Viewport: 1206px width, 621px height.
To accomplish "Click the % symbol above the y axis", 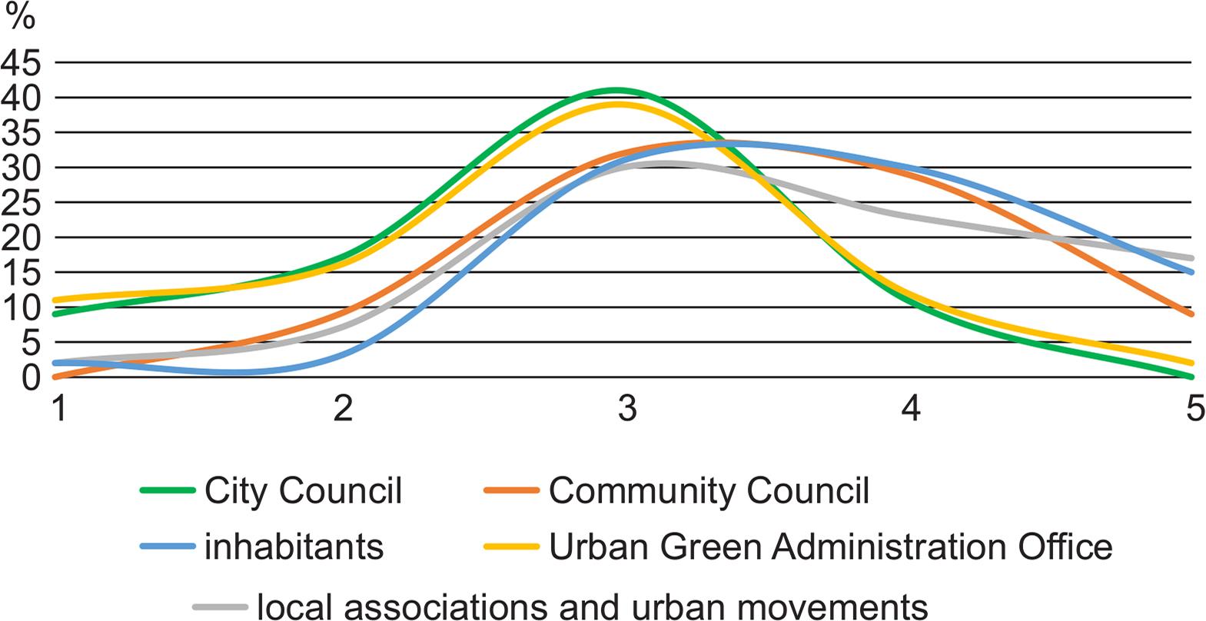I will [x=20, y=16].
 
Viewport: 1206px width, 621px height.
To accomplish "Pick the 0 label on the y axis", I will [x=31, y=377].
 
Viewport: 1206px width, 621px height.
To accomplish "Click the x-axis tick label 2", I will [x=343, y=408].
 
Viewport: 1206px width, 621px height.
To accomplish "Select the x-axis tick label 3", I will [x=627, y=408].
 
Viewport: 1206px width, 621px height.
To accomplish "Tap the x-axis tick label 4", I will [x=911, y=408].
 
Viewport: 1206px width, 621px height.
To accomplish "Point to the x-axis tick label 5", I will [x=1194, y=408].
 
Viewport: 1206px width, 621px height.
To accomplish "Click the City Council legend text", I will [x=303, y=490].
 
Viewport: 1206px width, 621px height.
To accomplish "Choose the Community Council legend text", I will [x=709, y=490].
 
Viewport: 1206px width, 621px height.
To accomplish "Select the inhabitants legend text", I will [x=294, y=547].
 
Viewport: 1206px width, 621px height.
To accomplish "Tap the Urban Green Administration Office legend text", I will [x=830, y=547].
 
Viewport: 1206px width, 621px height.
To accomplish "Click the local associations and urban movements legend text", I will [x=592, y=606].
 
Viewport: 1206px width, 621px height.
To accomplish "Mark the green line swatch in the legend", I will [x=167, y=490].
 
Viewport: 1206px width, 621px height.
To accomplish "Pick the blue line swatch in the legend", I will [x=167, y=547].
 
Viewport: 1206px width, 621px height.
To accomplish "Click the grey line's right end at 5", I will [x=1191, y=258].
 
